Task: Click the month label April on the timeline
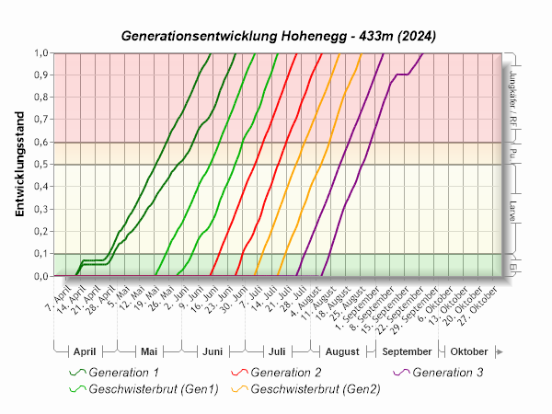click(84, 351)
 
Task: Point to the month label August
click(342, 351)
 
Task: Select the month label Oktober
click(468, 351)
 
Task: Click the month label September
click(407, 351)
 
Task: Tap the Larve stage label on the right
click(512, 209)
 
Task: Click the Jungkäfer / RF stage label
click(512, 97)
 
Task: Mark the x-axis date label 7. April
click(58, 296)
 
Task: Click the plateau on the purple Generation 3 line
click(402, 74)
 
